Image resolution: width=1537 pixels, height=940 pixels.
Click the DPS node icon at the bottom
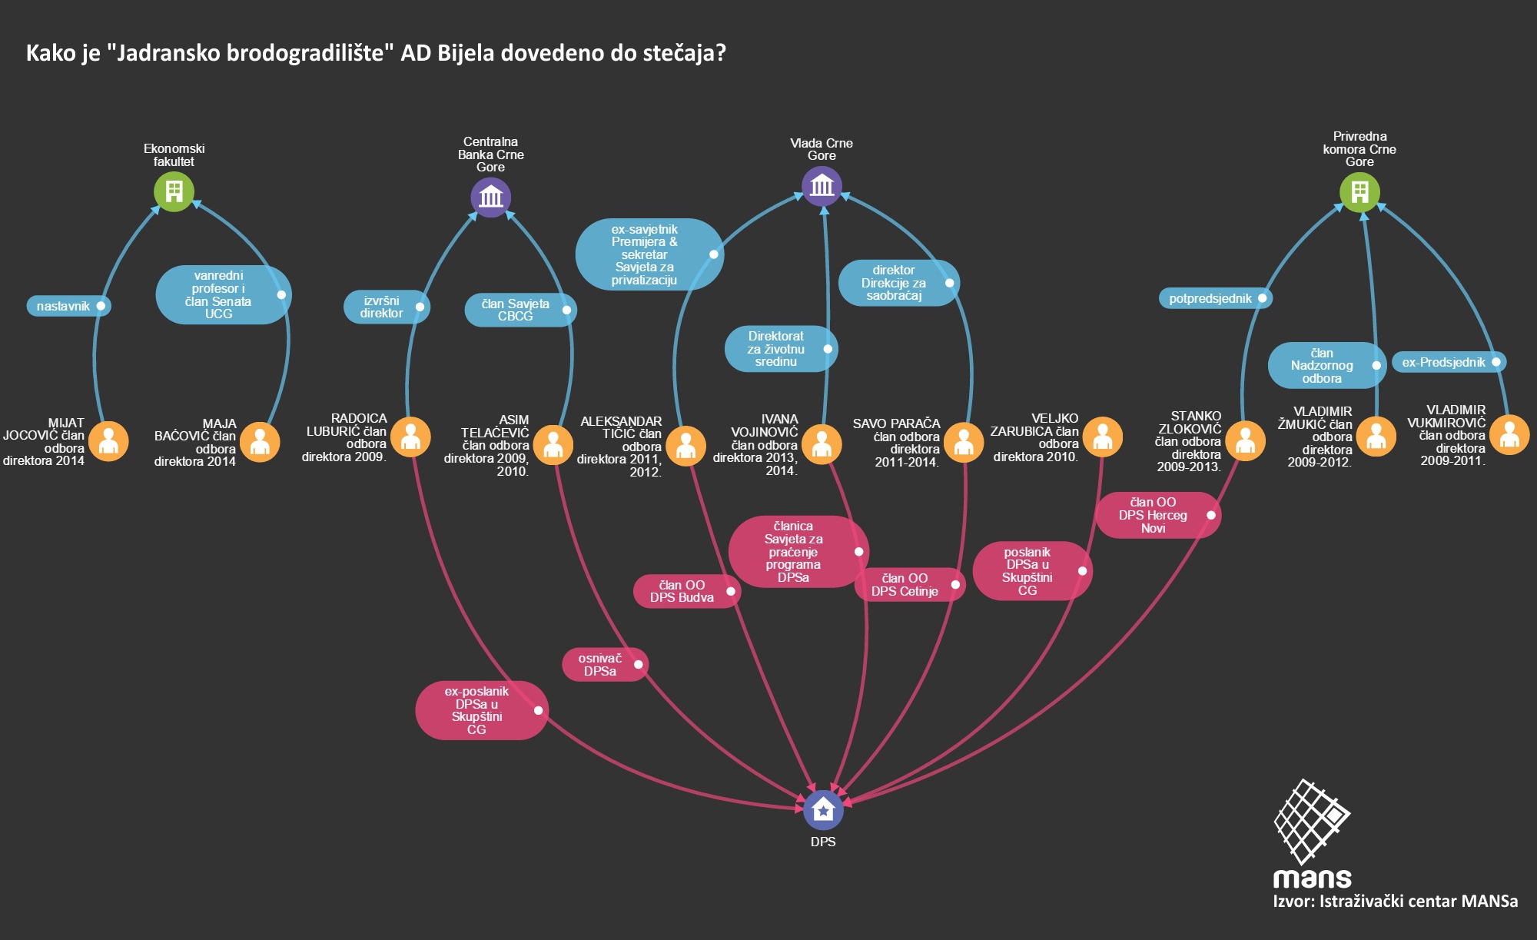pyautogui.click(x=822, y=810)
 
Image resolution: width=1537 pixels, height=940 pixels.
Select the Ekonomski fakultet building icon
pyautogui.click(x=174, y=191)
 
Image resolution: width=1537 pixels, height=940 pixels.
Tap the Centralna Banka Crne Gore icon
pyautogui.click(x=490, y=197)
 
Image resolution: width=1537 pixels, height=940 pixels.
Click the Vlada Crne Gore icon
pyautogui.click(x=822, y=186)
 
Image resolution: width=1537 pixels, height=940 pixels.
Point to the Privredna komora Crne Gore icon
pyautogui.click(x=1359, y=191)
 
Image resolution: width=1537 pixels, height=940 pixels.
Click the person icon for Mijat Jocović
pyautogui.click(x=108, y=441)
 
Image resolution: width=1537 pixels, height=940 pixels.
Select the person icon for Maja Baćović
pyautogui.click(x=260, y=442)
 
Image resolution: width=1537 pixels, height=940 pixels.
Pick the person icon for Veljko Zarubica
pyautogui.click(x=1102, y=437)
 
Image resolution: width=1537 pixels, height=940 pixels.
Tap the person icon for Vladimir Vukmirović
pyautogui.click(x=1509, y=435)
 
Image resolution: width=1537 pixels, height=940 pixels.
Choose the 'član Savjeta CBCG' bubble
pyautogui.click(x=520, y=310)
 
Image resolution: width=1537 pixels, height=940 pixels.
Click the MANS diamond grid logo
pyautogui.click(x=1312, y=821)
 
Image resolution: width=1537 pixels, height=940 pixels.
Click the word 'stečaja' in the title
pyautogui.click(x=680, y=53)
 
